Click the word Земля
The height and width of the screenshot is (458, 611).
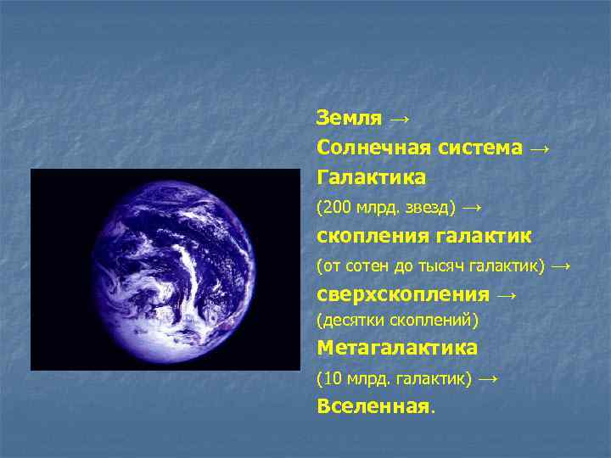tap(348, 117)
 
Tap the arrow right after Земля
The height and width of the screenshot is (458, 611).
tap(395, 117)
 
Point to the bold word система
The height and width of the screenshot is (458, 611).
tap(480, 148)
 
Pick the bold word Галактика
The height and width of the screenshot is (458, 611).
tap(372, 177)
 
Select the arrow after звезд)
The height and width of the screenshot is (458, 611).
tap(472, 206)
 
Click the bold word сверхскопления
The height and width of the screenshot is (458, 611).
tap(402, 295)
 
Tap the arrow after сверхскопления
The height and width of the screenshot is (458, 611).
tap(507, 295)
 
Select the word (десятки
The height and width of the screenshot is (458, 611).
tap(350, 320)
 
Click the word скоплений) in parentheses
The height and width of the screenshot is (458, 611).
tap(434, 320)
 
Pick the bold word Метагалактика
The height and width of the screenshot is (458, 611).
tap(397, 348)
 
